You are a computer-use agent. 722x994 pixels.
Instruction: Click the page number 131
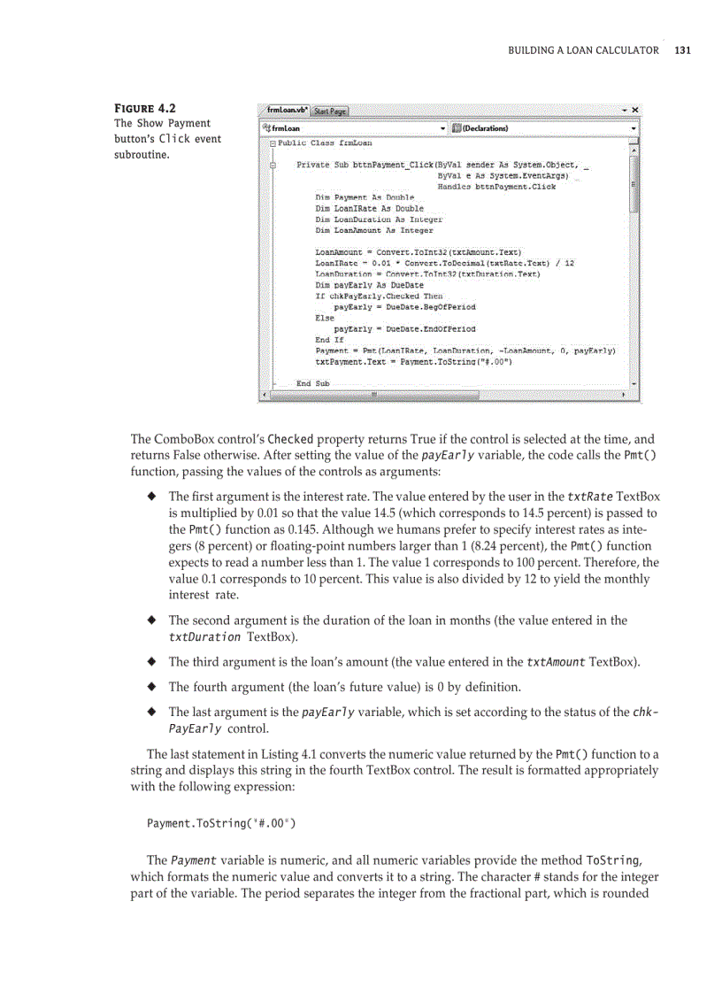click(681, 50)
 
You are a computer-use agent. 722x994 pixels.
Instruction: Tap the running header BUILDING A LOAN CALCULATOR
click(583, 50)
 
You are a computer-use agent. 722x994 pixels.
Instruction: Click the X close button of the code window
click(634, 111)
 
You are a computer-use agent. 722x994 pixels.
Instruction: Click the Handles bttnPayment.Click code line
click(496, 186)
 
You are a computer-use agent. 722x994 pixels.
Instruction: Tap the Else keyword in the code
click(325, 317)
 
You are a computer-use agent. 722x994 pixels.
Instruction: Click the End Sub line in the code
click(312, 383)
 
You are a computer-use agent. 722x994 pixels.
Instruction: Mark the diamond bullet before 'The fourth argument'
click(151, 687)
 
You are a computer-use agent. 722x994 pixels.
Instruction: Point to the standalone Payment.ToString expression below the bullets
click(220, 823)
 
